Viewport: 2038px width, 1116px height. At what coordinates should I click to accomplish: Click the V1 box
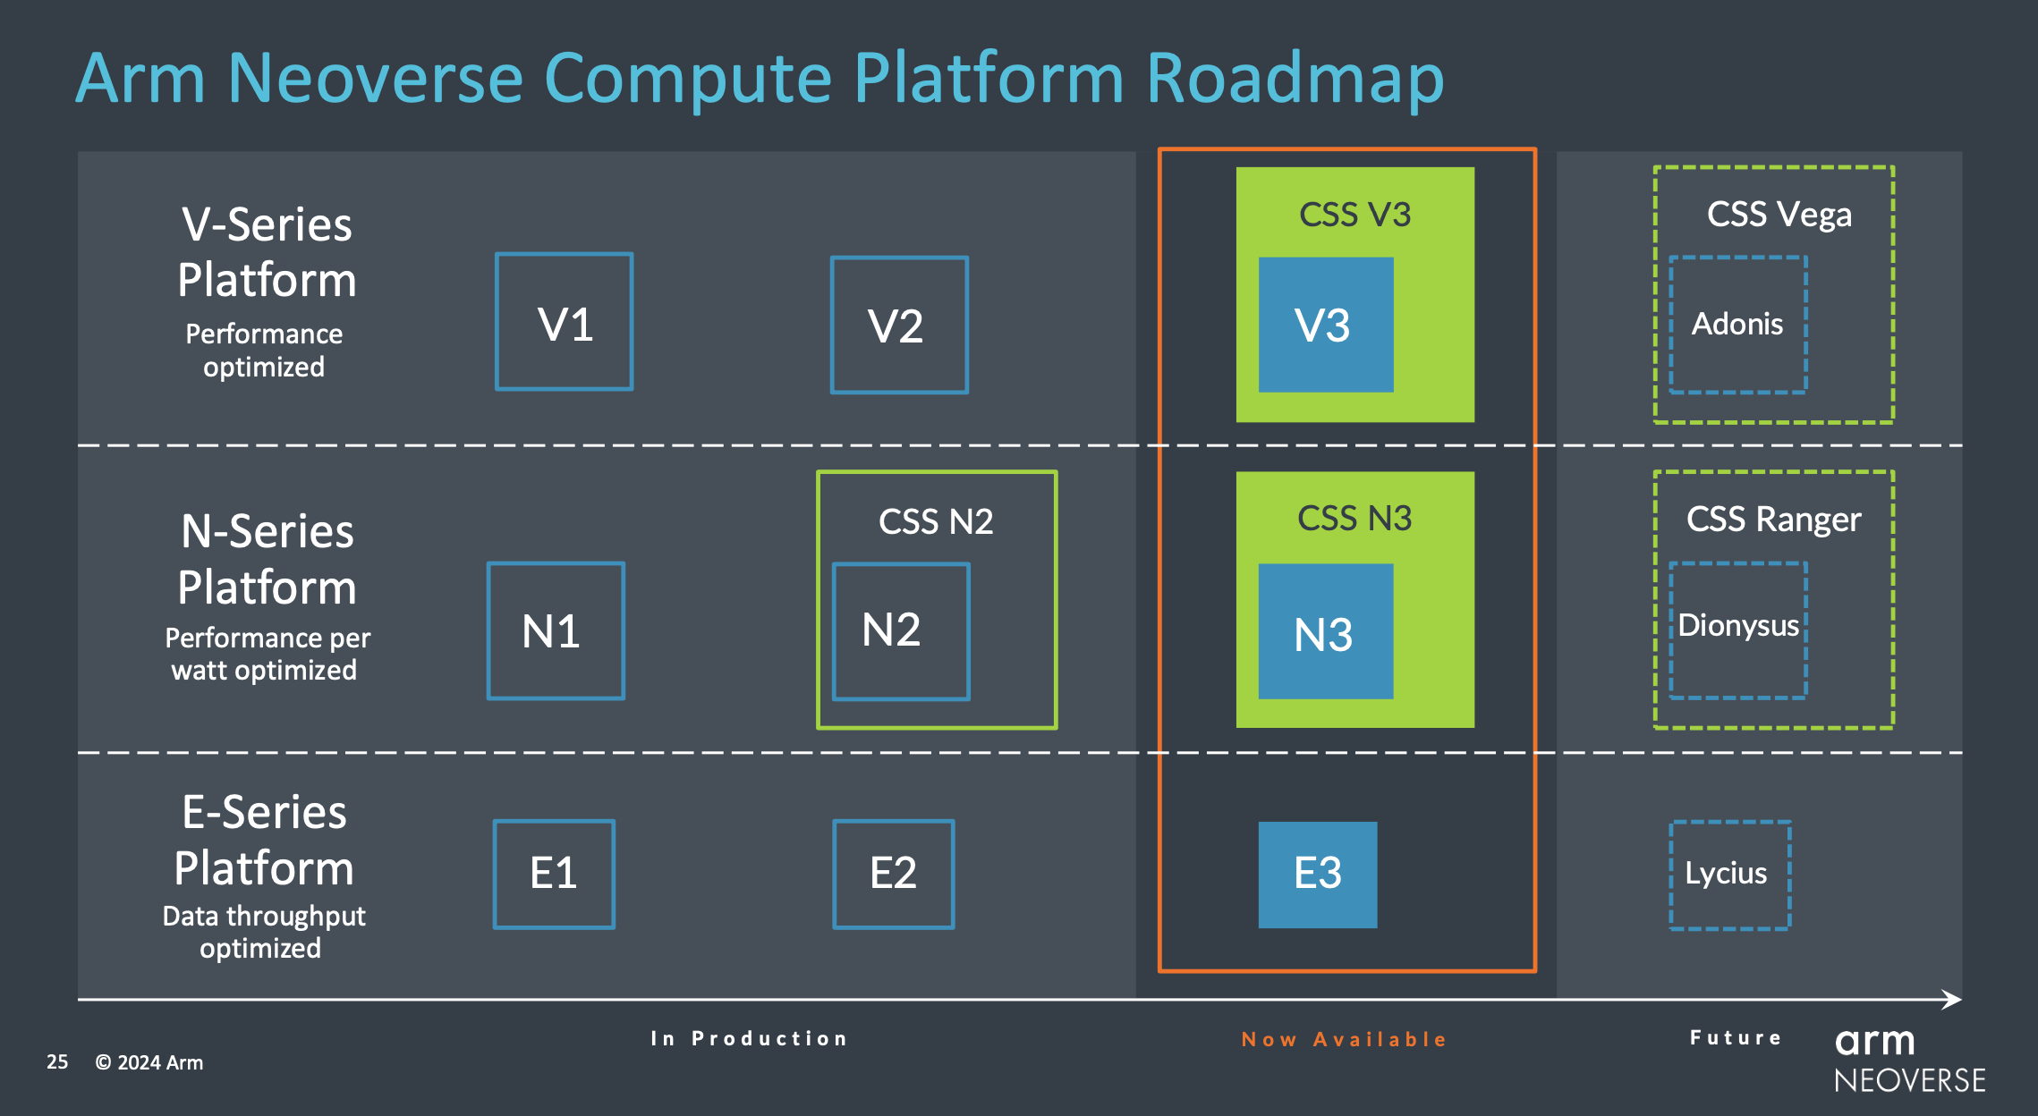tap(565, 322)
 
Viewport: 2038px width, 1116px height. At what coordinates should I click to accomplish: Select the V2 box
tap(899, 325)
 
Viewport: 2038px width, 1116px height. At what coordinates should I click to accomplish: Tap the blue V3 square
tap(1325, 325)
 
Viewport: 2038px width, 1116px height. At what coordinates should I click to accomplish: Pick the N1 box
tap(556, 631)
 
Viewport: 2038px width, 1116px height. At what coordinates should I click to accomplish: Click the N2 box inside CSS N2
tap(901, 631)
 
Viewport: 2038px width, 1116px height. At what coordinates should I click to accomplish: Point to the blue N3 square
tap(1325, 631)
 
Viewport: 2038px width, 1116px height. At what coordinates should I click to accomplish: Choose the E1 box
tap(554, 875)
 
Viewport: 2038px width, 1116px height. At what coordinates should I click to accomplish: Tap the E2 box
tap(894, 875)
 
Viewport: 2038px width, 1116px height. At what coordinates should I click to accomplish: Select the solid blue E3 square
tap(1317, 875)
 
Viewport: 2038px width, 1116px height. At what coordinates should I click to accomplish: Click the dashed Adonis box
tap(1737, 325)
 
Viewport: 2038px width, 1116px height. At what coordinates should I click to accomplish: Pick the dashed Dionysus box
tap(1737, 630)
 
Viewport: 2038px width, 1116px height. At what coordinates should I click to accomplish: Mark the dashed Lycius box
tap(1729, 875)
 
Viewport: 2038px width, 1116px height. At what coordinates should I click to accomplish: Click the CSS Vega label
tap(1779, 215)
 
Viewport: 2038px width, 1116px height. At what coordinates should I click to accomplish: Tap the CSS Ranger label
tap(1773, 520)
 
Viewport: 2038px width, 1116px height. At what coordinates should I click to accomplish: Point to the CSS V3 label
tap(1354, 215)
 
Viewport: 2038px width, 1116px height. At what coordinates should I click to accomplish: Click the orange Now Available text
tap(1344, 1040)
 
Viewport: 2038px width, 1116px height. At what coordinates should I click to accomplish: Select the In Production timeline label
tap(749, 1039)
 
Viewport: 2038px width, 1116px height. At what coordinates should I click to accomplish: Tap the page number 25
tap(57, 1062)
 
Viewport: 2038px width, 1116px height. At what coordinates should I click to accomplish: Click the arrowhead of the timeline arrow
tap(1953, 1000)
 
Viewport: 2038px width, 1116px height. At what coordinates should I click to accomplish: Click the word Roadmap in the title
tap(1295, 79)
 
